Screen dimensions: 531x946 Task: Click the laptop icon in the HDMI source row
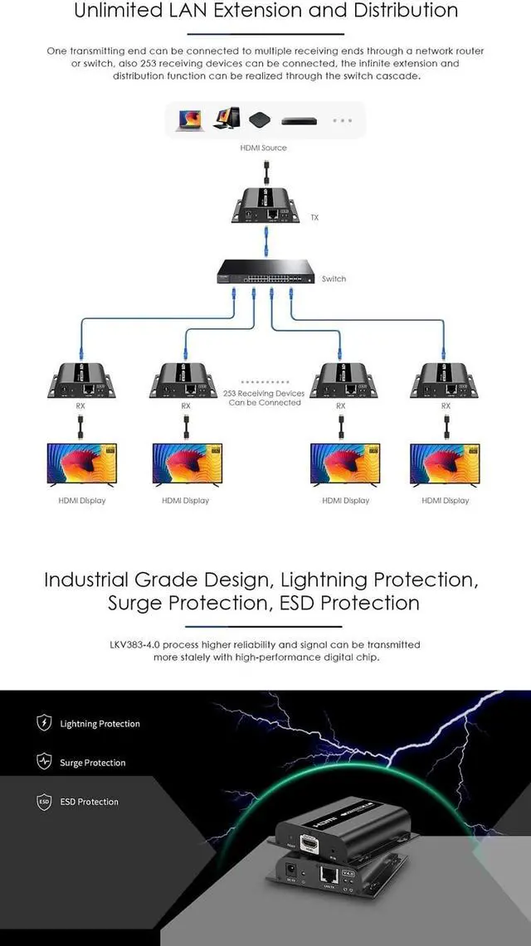click(x=189, y=120)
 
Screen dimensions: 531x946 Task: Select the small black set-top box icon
click(x=260, y=120)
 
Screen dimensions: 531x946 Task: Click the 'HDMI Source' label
click(x=263, y=148)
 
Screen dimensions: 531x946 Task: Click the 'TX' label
click(x=314, y=218)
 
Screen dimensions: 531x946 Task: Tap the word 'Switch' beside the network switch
click(x=334, y=279)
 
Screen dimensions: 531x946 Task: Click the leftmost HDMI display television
click(x=81, y=464)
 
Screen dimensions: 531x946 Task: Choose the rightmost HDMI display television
click(x=446, y=464)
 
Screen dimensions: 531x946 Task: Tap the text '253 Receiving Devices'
click(x=264, y=394)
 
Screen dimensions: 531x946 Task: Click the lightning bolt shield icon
click(x=44, y=723)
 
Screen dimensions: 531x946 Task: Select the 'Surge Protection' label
click(x=92, y=763)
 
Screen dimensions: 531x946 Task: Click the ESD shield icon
click(x=44, y=802)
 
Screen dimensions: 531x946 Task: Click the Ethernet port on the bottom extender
click(x=327, y=874)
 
